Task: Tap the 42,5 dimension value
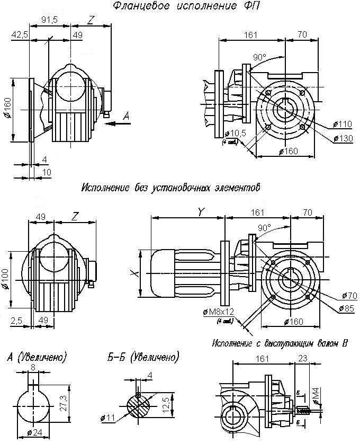coord(21,35)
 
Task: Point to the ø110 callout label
coord(343,124)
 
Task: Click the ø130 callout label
coord(343,139)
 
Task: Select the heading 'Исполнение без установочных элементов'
coord(171,188)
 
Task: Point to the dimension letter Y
coord(201,211)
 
